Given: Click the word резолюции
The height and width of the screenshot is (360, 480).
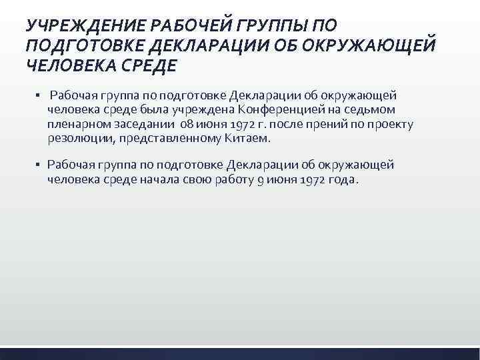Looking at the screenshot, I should click(76, 139).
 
